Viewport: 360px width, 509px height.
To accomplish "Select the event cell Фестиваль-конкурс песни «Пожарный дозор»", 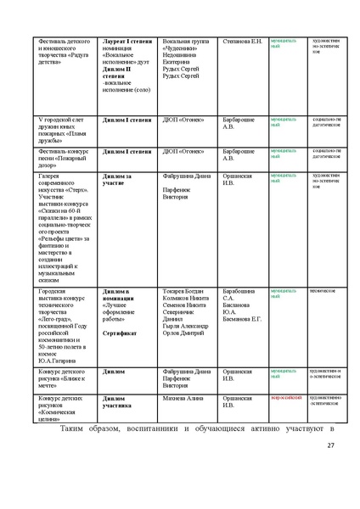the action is point(64,157).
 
